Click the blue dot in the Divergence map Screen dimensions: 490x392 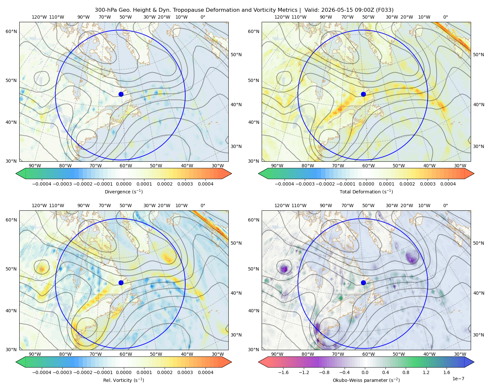coord(121,94)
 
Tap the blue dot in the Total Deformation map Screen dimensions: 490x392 coord(363,94)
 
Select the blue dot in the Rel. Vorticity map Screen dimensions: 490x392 coord(121,283)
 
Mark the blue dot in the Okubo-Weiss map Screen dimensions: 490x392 coord(363,283)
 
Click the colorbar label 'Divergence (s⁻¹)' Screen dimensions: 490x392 coord(123,191)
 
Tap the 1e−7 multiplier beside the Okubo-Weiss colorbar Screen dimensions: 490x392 coord(458,379)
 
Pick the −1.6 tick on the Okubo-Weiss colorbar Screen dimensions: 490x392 coord(283,372)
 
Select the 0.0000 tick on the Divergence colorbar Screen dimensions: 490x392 coord(123,184)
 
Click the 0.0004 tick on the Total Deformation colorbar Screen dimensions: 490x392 coord(448,184)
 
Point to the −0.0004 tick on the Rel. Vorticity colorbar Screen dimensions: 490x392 coord(42,372)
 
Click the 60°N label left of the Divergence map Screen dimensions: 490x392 coord(11,31)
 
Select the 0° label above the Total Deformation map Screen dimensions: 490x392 coord(445,17)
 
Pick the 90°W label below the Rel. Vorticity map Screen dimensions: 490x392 coord(35,354)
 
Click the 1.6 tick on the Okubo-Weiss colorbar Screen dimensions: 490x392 coord(447,372)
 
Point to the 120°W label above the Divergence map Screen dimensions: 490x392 coord(39,17)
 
